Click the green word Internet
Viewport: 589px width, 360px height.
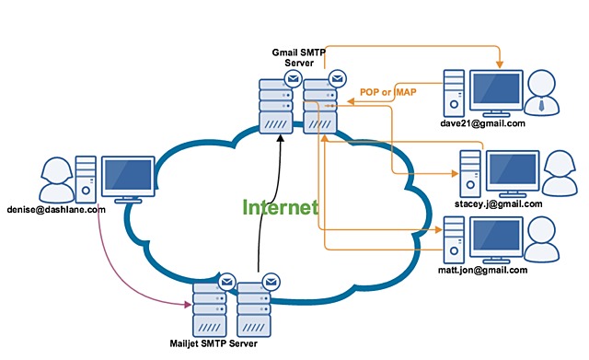tap(281, 207)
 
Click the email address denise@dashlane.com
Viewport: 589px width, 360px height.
tap(54, 210)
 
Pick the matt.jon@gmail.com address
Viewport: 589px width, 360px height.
tap(485, 270)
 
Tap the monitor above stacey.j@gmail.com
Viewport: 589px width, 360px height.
tap(512, 170)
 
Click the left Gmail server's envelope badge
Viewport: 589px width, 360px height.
tap(292, 78)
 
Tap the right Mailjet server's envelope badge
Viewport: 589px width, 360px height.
tap(270, 281)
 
